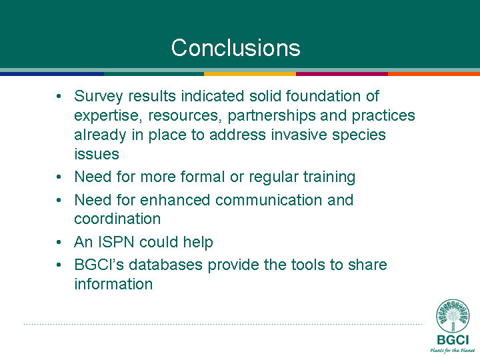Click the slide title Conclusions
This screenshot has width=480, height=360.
236,48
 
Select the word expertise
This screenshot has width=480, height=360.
108,116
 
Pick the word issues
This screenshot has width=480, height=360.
97,154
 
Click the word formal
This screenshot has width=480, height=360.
203,177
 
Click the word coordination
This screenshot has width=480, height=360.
117,219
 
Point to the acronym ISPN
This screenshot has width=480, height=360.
116,242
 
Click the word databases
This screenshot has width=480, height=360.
165,265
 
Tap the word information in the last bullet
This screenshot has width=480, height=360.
113,284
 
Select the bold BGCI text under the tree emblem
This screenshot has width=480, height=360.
453,340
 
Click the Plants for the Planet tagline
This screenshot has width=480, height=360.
453,351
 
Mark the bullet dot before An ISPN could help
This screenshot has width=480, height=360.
59,243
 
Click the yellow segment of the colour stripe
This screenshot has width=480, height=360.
250,74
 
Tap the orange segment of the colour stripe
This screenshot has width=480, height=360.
434,74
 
